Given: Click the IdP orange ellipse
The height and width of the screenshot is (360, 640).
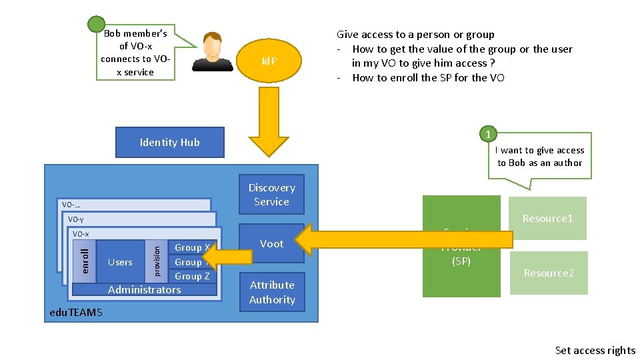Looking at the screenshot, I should click(269, 61).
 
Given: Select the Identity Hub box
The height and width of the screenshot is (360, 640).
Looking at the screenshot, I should click(169, 142).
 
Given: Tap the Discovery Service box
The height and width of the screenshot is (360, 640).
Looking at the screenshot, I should click(271, 195).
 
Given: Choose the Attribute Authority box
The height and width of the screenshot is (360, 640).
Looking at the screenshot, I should click(271, 292).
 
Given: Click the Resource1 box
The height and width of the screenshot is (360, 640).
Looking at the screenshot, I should click(547, 218).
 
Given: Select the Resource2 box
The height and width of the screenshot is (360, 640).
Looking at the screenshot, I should click(549, 273).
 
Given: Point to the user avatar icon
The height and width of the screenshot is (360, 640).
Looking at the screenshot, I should click(213, 52).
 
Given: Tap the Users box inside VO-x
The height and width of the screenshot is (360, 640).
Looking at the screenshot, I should click(120, 262).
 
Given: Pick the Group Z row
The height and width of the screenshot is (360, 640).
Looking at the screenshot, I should click(192, 277).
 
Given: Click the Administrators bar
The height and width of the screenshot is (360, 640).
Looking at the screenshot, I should click(144, 290).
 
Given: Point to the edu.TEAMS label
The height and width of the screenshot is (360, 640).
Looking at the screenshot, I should click(76, 313).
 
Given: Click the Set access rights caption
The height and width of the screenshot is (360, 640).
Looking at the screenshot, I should click(595, 350).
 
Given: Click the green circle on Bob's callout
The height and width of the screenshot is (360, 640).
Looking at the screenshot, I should click(97, 25).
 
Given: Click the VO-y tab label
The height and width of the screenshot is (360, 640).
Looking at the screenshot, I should click(76, 219).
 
